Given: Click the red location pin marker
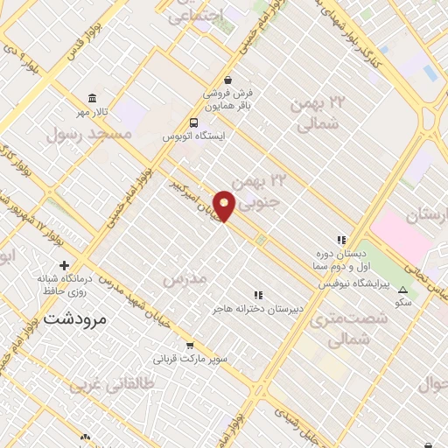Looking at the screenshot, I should pos(225,205).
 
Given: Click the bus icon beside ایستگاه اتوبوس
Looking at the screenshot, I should pos(193,123).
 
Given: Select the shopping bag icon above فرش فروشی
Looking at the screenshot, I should pos(228,78).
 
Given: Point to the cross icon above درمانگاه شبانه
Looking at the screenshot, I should pos(64,265).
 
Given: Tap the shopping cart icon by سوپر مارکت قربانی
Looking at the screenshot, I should pos(191,345).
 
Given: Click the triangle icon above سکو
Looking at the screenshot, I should pos(402,290).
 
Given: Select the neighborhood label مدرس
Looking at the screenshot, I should pos(184,277).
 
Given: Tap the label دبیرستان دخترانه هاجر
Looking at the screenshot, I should pos(257,310).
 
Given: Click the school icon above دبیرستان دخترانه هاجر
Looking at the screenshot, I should pos(257,296).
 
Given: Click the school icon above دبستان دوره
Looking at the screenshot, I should pos(342,239).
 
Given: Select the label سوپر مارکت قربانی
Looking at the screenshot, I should pos(191,359).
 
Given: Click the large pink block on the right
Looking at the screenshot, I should pos(403,236).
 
